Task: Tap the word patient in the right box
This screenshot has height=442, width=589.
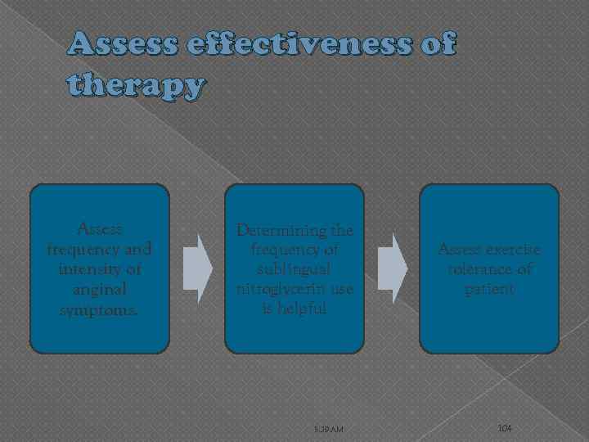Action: click(488, 288)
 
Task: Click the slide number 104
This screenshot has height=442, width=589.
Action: click(505, 429)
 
